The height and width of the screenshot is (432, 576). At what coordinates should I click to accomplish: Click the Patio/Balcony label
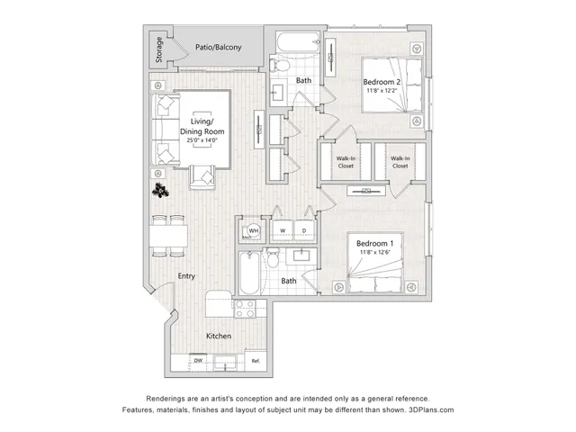tap(218, 48)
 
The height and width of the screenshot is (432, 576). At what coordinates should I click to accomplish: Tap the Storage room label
tap(159, 49)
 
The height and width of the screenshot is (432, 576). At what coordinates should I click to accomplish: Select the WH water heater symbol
tap(254, 231)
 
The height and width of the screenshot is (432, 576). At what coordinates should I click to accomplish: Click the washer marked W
tap(283, 230)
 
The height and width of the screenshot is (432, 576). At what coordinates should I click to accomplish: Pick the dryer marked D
tap(304, 230)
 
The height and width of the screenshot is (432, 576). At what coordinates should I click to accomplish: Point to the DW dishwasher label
tap(198, 361)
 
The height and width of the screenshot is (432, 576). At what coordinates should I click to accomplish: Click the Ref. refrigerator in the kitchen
tap(256, 360)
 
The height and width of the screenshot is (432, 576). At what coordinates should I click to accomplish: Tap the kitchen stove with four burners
tap(245, 309)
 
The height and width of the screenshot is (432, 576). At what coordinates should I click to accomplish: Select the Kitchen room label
tap(219, 336)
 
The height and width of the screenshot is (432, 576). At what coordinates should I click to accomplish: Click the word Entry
tap(186, 276)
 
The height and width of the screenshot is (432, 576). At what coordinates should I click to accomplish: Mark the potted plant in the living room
tap(160, 190)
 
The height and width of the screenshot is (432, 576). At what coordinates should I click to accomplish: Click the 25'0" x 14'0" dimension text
tap(202, 140)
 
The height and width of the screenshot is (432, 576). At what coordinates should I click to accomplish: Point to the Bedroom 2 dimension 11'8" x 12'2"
tap(382, 90)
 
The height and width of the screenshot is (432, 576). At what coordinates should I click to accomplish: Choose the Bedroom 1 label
tap(374, 243)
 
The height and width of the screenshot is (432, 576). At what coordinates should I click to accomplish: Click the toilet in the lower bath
tap(273, 257)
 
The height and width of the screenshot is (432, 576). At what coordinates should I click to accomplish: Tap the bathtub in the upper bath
tap(298, 42)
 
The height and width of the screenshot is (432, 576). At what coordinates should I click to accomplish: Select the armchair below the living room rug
tap(202, 177)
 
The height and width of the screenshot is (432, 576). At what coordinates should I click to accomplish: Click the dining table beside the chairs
tap(168, 236)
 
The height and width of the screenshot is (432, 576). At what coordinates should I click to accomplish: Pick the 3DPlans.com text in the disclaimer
tap(431, 410)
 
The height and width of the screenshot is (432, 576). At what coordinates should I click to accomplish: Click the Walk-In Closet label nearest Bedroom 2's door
tap(346, 162)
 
